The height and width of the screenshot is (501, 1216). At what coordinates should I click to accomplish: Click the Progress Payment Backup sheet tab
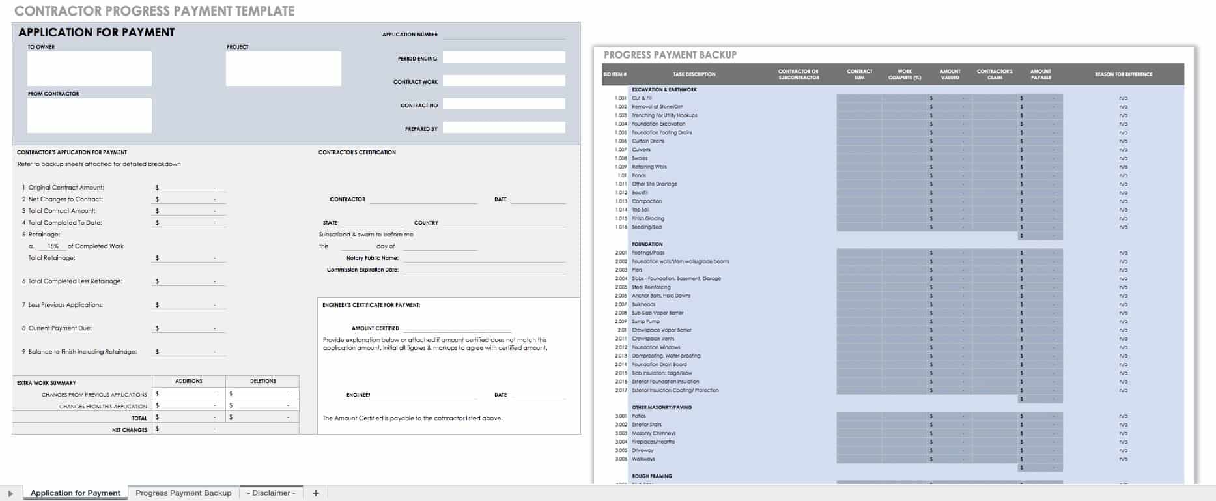(x=183, y=493)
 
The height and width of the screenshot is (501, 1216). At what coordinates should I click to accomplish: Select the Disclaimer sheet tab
(x=271, y=493)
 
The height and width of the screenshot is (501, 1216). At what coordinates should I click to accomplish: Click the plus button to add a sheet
(x=316, y=493)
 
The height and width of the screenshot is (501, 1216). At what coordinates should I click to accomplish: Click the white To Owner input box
(x=89, y=68)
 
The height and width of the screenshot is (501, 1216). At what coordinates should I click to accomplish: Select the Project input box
(x=283, y=68)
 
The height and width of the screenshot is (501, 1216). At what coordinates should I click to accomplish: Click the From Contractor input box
(x=89, y=115)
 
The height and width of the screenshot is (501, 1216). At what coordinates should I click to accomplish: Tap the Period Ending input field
(x=503, y=58)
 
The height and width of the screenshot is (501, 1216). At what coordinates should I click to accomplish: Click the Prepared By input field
(x=503, y=128)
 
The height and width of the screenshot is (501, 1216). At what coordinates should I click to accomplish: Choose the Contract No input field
(x=503, y=105)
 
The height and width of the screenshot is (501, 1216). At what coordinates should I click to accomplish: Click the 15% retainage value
(x=53, y=246)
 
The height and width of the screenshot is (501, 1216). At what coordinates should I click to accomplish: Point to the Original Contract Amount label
(x=66, y=188)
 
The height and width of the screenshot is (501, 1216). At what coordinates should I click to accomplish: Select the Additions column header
(x=189, y=381)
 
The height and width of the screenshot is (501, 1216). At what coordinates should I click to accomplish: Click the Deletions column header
(x=263, y=381)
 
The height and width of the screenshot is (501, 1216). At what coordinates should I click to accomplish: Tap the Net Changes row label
(x=130, y=430)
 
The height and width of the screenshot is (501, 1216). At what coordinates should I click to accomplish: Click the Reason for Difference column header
(x=1124, y=74)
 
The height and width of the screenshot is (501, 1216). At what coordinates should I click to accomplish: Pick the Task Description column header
(x=694, y=74)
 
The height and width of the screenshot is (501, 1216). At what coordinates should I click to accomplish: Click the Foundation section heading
(x=647, y=244)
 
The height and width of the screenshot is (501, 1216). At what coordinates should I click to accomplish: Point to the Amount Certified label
(x=375, y=328)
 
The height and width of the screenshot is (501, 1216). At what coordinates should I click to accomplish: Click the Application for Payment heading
(x=96, y=33)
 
